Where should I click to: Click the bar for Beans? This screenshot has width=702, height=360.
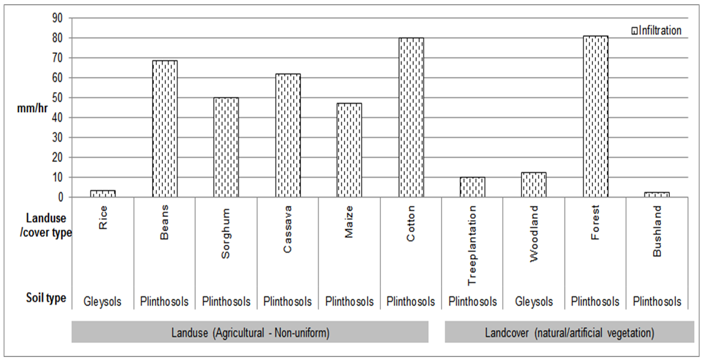tap(165, 128)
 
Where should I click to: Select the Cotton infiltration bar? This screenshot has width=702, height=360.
tap(411, 118)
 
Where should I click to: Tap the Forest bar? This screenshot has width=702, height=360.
tap(595, 116)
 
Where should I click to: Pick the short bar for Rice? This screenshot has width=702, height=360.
tap(103, 193)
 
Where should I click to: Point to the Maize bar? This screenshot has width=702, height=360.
tap(349, 150)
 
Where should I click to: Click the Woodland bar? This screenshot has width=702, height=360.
tap(534, 185)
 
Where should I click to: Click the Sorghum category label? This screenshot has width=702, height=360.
tap(226, 240)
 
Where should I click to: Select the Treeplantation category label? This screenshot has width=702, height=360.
tap(472, 244)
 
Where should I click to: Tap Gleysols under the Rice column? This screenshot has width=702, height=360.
tap(103, 301)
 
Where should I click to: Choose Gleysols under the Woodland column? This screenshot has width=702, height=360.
tap(534, 301)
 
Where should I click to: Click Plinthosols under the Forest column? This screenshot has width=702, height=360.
tap(595, 301)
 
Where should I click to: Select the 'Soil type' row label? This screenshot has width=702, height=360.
tap(46, 298)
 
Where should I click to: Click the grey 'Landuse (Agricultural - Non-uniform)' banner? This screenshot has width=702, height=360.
tap(250, 333)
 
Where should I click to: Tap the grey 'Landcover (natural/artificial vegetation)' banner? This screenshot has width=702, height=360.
tap(569, 333)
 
